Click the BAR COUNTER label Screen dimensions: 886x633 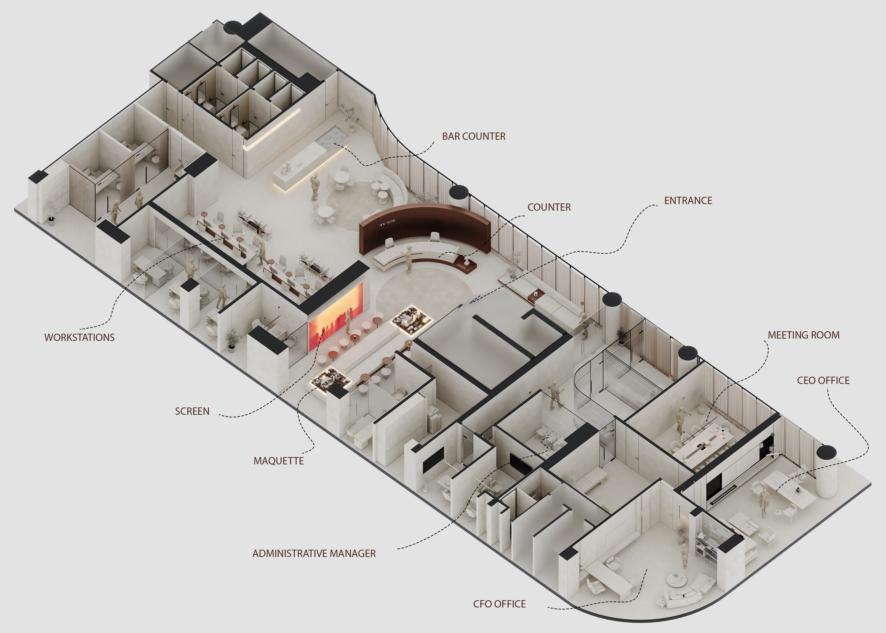[473, 136]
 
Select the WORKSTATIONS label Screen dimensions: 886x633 [79, 338]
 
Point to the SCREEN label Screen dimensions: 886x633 [192, 411]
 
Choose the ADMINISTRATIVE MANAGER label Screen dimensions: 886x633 [314, 553]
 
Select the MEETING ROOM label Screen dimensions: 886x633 [803, 335]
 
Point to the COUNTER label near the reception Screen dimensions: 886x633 [549, 207]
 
